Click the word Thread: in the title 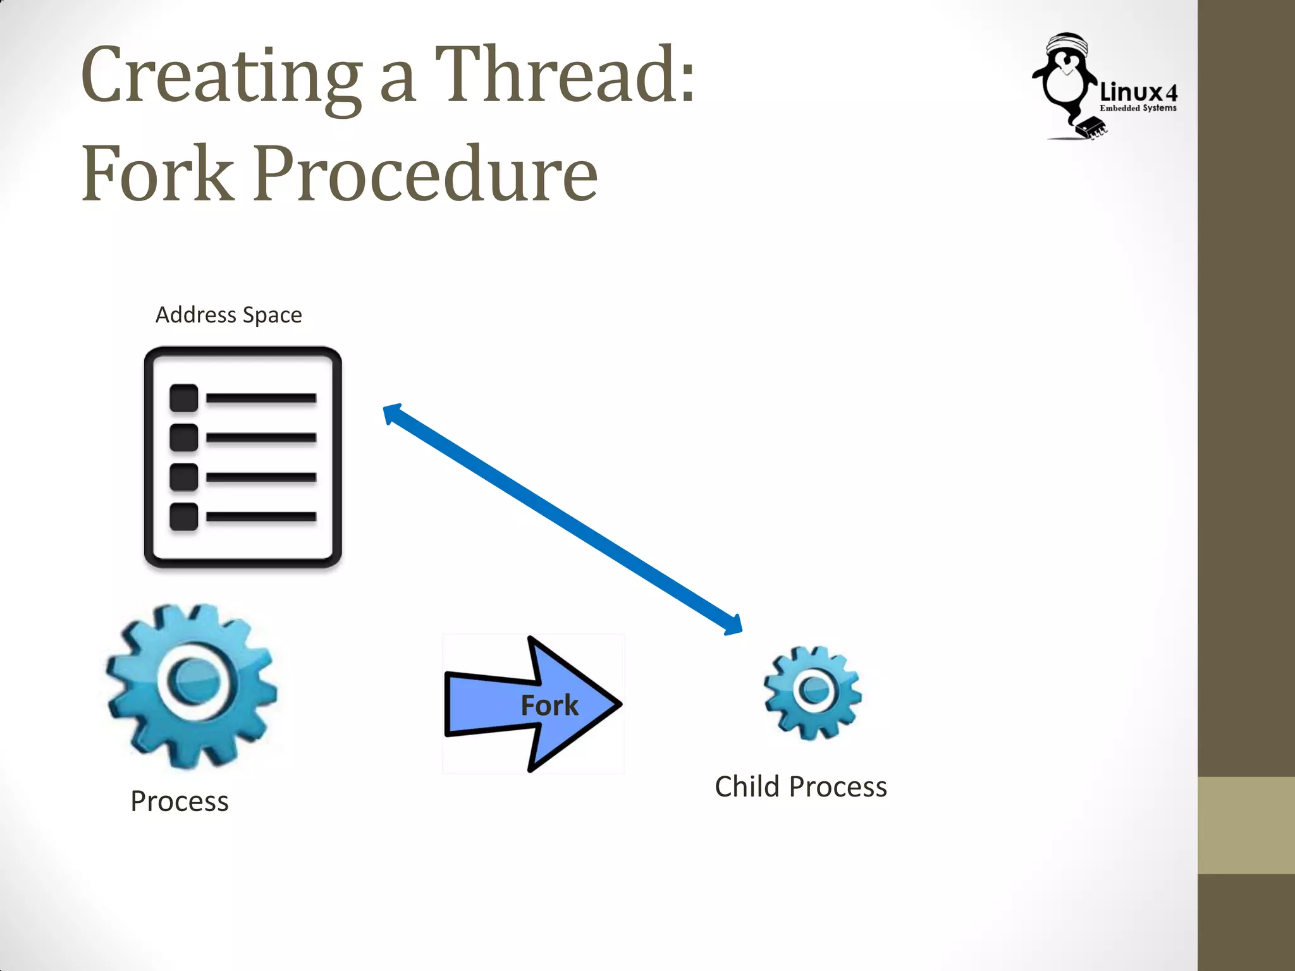tap(565, 76)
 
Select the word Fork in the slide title tap(157, 174)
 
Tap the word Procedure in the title tap(425, 174)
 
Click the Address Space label tap(228, 315)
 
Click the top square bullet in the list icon tap(184, 398)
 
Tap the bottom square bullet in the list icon tap(184, 516)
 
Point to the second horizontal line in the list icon tap(261, 437)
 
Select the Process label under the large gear tap(180, 802)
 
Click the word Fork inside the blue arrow tap(549, 705)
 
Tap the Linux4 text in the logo tap(1138, 92)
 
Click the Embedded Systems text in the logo tap(1138, 108)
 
